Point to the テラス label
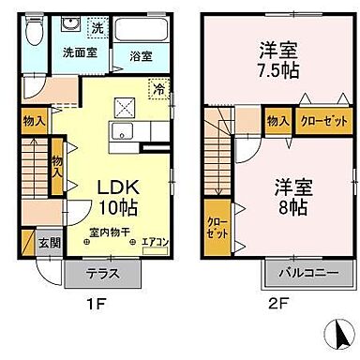click(103, 277)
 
